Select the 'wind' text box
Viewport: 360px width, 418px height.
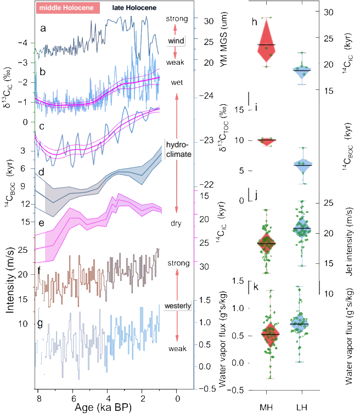tap(176, 41)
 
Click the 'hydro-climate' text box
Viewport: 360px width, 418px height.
tap(178, 149)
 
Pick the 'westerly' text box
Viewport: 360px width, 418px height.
tap(177, 306)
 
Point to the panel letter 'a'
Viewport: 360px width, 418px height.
tap(43, 29)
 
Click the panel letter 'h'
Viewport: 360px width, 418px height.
tap(254, 22)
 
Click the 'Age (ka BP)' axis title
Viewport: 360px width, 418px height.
tap(104, 408)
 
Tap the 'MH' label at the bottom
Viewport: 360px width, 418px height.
tap(267, 408)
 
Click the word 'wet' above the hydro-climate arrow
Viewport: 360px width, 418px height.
tap(177, 83)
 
